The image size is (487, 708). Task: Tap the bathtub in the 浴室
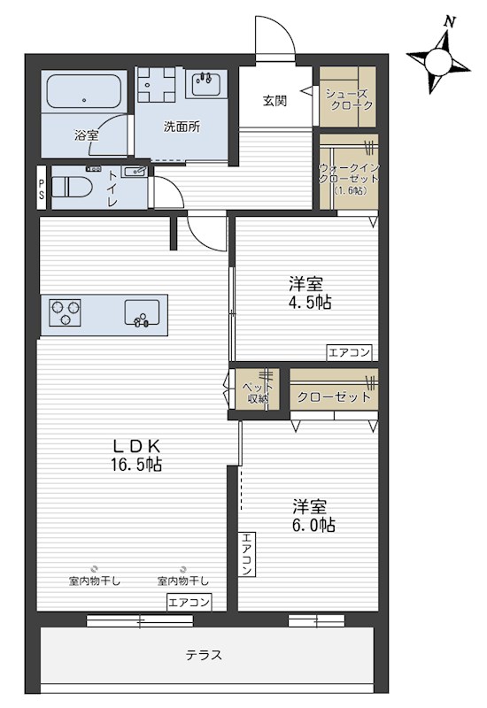pyautogui.click(x=84, y=91)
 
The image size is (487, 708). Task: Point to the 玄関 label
pyautogui.click(x=274, y=100)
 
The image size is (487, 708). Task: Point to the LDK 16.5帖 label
pyautogui.click(x=135, y=455)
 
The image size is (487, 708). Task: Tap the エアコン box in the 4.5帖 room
pyautogui.click(x=349, y=352)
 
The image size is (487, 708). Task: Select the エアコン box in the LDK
pyautogui.click(x=189, y=604)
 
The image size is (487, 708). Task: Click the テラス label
pyautogui.click(x=204, y=656)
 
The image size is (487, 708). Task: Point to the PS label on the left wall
pyautogui.click(x=41, y=189)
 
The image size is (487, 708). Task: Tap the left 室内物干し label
pyautogui.click(x=95, y=581)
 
